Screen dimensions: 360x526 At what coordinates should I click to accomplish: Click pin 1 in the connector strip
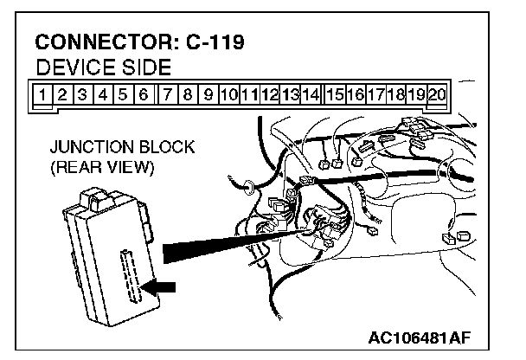pyautogui.click(x=41, y=91)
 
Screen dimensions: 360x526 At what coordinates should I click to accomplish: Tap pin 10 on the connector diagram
pyautogui.click(x=228, y=91)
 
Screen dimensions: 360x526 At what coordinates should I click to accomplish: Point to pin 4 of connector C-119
pyautogui.click(x=102, y=91)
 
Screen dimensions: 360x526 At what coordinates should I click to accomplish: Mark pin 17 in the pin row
pyautogui.click(x=376, y=91)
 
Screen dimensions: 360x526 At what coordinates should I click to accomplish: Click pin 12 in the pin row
pyautogui.click(x=270, y=91)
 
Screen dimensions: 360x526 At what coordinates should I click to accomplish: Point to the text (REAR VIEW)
pyautogui.click(x=102, y=167)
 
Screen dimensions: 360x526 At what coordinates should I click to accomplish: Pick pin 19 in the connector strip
pyautogui.click(x=418, y=91)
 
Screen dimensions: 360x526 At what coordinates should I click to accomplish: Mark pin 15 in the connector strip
pyautogui.click(x=335, y=91)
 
